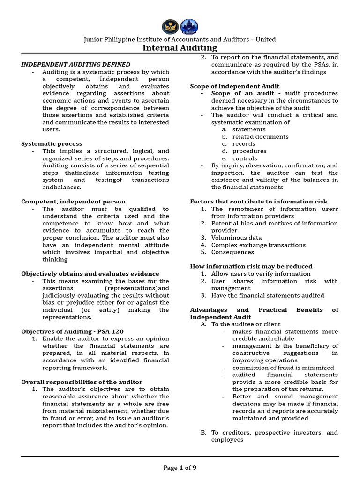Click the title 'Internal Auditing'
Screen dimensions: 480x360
tap(180, 48)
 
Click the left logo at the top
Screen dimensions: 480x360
tap(170, 26)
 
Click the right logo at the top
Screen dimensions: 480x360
tap(189, 26)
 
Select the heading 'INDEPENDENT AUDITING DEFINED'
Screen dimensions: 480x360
tap(75, 65)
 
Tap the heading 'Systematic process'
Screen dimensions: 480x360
tap(52, 144)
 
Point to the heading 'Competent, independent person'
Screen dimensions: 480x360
tap(73, 202)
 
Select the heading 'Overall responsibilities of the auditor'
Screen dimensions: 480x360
tap(82, 382)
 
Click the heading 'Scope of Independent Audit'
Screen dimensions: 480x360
tap(234, 86)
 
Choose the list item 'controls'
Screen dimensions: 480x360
tap(245, 158)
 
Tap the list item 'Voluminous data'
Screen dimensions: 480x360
tap(236, 238)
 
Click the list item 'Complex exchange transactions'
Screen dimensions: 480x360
tap(258, 245)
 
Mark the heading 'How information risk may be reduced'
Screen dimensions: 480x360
tap(251, 266)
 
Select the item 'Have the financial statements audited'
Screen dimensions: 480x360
tap(267, 296)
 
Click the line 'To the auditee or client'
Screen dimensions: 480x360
tap(246, 324)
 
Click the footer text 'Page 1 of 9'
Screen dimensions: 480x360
tap(180, 467)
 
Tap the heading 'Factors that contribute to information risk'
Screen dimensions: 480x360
tap(258, 202)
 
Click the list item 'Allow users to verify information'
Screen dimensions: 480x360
tap(261, 274)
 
